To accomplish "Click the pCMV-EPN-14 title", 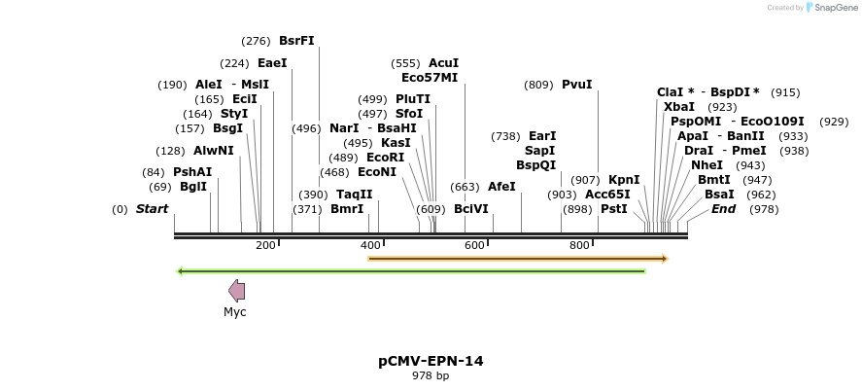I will [x=431, y=361].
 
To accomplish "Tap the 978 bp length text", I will [x=431, y=375].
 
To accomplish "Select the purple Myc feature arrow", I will [x=236, y=290].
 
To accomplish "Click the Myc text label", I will [x=235, y=312].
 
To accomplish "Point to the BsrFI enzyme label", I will [x=296, y=41].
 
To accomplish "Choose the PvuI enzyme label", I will [x=576, y=85].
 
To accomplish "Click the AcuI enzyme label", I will [x=443, y=63].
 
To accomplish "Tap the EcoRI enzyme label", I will [x=385, y=158].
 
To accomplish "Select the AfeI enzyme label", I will [x=501, y=187].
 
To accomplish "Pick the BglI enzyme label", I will [x=193, y=187].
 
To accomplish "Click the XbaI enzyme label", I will [x=679, y=107].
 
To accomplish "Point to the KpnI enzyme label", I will [x=624, y=180].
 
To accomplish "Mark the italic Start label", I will [x=152, y=209].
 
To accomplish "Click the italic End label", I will [x=723, y=209].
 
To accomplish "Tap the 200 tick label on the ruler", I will [x=265, y=245].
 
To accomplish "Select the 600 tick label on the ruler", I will [x=474, y=245].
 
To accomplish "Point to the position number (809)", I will [x=538, y=85].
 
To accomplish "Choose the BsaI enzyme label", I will [x=720, y=195].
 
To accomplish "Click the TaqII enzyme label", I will [x=355, y=195].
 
